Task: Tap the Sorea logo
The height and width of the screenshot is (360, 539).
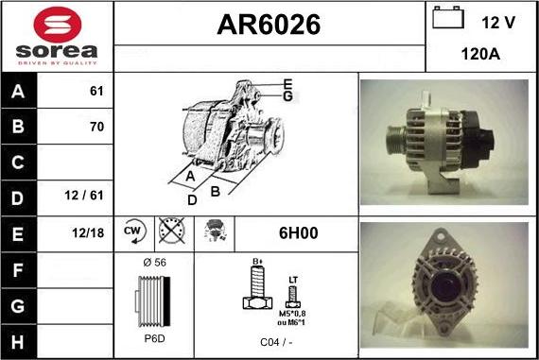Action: tap(57, 37)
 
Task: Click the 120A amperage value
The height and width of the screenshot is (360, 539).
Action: tap(480, 54)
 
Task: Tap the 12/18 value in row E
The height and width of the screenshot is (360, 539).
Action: tap(91, 232)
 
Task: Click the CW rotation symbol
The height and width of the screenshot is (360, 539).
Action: tap(132, 231)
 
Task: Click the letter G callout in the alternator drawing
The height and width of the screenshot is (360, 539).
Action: tap(287, 95)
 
